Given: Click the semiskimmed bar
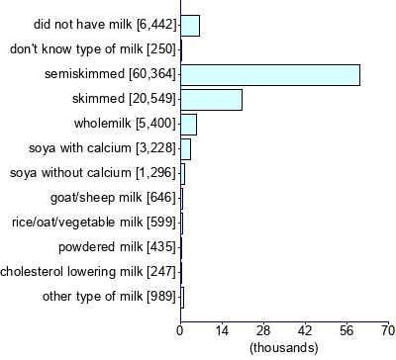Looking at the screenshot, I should click(x=269, y=74).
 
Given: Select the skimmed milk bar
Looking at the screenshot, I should click(x=211, y=99).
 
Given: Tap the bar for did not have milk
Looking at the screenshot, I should click(x=190, y=25).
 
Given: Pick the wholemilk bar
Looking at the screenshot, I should click(x=188, y=124).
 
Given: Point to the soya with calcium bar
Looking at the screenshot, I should click(x=185, y=148).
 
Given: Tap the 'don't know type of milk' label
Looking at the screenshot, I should click(x=92, y=49).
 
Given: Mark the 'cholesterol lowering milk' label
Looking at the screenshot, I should click(x=88, y=271).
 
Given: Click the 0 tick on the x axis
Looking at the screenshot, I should click(x=180, y=329).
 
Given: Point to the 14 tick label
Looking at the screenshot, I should click(x=222, y=329).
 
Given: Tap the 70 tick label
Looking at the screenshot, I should click(x=387, y=329).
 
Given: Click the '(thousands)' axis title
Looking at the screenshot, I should click(x=284, y=347).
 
